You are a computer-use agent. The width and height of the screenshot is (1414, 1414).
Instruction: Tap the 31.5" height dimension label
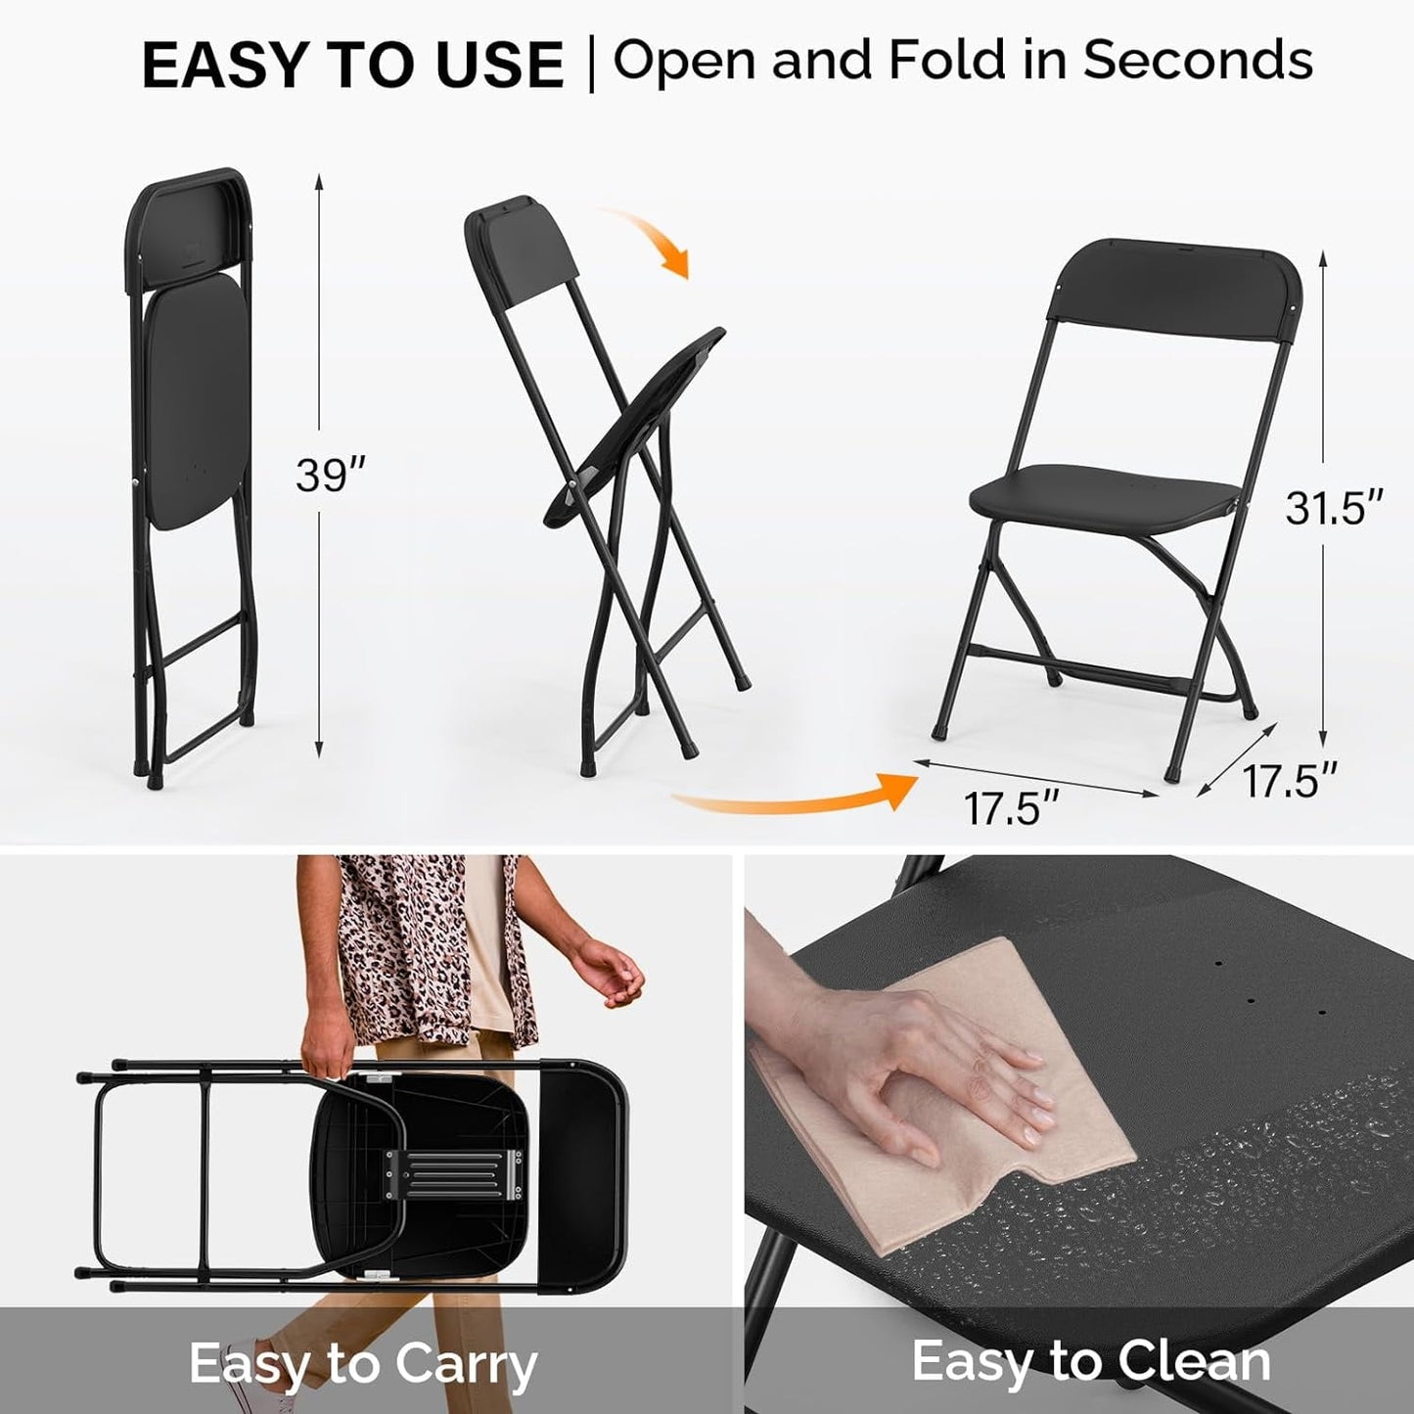click(x=1334, y=507)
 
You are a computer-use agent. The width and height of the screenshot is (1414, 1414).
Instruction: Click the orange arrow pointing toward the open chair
click(x=802, y=797)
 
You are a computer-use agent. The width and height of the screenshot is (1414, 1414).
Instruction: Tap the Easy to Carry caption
click(x=363, y=1363)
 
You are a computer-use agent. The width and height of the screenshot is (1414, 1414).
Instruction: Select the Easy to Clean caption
click(x=1091, y=1361)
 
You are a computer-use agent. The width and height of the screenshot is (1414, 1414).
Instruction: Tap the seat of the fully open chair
click(x=1101, y=494)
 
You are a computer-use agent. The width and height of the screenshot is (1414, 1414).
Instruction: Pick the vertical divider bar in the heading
click(x=591, y=64)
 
